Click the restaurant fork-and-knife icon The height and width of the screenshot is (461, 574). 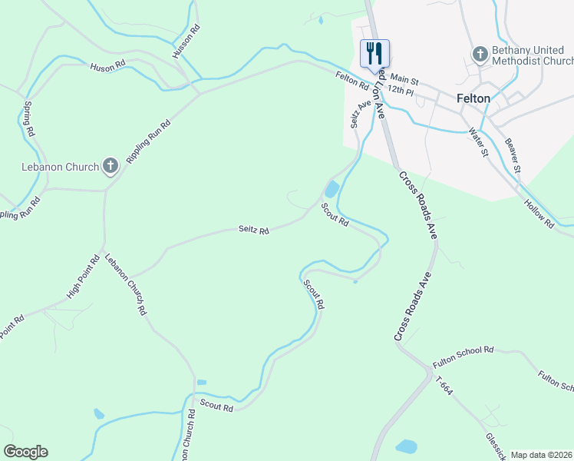(374, 53)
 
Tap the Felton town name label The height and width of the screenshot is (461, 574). (473, 98)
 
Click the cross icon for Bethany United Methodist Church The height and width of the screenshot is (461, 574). (480, 55)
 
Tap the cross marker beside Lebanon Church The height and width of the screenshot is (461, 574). (111, 165)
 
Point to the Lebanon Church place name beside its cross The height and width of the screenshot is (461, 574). (60, 167)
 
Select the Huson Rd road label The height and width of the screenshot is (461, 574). (107, 68)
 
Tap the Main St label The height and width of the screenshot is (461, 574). (404, 78)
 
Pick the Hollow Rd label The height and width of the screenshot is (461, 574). (539, 214)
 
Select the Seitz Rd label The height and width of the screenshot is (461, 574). (253, 230)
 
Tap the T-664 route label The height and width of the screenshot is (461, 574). (444, 386)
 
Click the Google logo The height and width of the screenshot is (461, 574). (25, 452)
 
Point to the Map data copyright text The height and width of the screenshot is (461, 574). (541, 455)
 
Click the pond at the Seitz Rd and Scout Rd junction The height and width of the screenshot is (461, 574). (332, 189)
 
